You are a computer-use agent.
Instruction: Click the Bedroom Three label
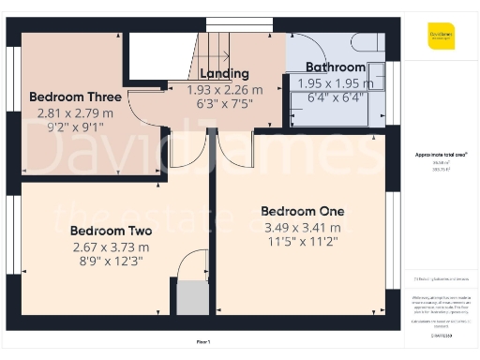(75, 97)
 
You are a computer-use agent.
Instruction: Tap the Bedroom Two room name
(111, 231)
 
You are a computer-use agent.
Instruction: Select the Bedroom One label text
(302, 211)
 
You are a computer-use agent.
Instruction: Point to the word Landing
(223, 73)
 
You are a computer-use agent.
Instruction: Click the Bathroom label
(336, 67)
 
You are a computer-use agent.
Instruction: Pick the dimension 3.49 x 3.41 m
(302, 227)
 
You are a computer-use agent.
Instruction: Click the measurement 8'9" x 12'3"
(111, 262)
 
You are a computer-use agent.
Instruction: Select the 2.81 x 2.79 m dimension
(75, 113)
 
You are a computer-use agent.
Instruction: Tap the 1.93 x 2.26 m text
(225, 90)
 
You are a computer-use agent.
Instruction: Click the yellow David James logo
(441, 37)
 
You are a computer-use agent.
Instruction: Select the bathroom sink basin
(376, 74)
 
